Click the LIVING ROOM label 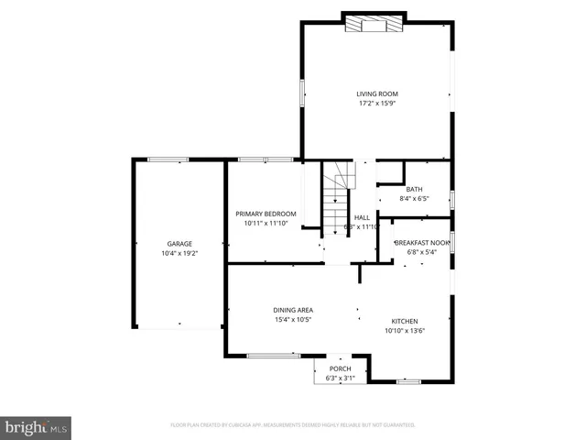pyautogui.click(x=377, y=93)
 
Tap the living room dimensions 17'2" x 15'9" pyautogui.click(x=377, y=104)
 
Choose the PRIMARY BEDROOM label pyautogui.click(x=266, y=214)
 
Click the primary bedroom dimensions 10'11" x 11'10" pyautogui.click(x=266, y=224)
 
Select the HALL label pyautogui.click(x=362, y=217)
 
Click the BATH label pyautogui.click(x=414, y=189)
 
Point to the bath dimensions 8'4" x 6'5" pyautogui.click(x=414, y=198)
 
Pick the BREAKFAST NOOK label pyautogui.click(x=422, y=242)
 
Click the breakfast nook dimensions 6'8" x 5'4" pyautogui.click(x=422, y=252)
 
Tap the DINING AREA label pyautogui.click(x=293, y=310)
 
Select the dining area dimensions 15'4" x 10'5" pyautogui.click(x=293, y=320)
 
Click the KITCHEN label pyautogui.click(x=405, y=321)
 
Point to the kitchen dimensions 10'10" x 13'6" pyautogui.click(x=405, y=331)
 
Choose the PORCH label pyautogui.click(x=340, y=368)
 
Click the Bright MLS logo pyautogui.click(x=37, y=426)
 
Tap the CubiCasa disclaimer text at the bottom pyautogui.click(x=293, y=425)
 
